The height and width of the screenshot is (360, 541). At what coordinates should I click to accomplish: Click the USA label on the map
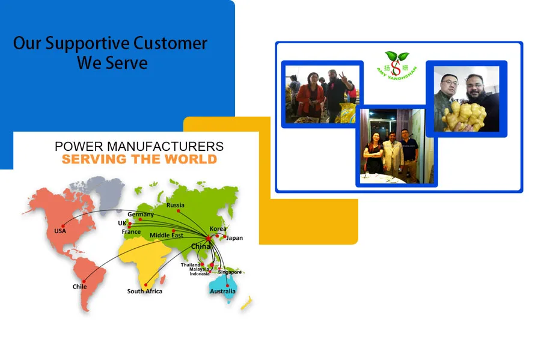click(60, 231)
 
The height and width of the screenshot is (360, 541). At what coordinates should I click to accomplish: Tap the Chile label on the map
click(79, 287)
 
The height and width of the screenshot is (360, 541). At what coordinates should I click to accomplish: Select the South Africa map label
click(144, 291)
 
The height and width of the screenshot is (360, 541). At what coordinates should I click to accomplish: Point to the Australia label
click(222, 291)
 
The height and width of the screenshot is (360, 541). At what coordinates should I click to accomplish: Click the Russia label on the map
click(175, 205)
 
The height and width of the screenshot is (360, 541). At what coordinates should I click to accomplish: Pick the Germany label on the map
click(140, 215)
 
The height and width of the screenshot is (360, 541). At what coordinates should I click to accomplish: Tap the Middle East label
click(167, 235)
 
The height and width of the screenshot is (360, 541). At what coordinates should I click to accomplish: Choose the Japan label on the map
click(234, 238)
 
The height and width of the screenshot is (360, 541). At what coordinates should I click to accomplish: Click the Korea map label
click(218, 229)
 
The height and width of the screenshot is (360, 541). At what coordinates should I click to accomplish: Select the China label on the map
click(201, 246)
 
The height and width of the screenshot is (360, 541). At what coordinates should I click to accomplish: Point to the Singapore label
click(230, 272)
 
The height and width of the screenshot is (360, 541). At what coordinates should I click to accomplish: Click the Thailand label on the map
click(191, 265)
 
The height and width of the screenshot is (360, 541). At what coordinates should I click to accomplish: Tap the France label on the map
click(131, 231)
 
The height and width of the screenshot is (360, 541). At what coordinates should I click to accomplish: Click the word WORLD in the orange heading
click(192, 159)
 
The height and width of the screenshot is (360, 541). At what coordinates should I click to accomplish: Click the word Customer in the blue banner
click(170, 44)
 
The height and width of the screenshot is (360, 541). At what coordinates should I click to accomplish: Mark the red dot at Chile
click(84, 281)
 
